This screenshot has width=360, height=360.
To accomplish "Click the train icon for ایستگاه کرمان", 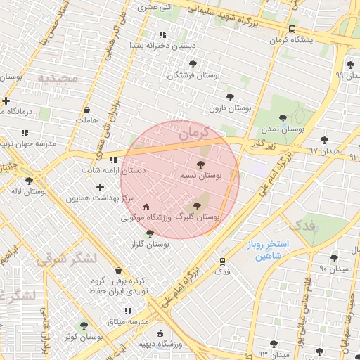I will (x=292, y=29).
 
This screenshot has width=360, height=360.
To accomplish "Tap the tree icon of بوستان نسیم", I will (x=201, y=165).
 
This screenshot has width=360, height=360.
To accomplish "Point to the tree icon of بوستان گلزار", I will (x=150, y=233).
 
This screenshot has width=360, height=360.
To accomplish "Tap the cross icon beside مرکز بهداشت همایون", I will (x=101, y=187).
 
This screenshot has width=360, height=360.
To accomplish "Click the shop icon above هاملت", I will (x=86, y=110).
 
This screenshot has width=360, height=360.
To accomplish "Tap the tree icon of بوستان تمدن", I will (x=283, y=119).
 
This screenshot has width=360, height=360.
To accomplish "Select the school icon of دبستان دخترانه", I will (x=162, y=34).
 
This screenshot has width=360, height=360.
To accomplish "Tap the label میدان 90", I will (x=334, y=269).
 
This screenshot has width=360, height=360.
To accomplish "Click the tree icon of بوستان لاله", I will (x=29, y=181).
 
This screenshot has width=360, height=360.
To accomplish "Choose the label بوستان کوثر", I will (x=79, y=337).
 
